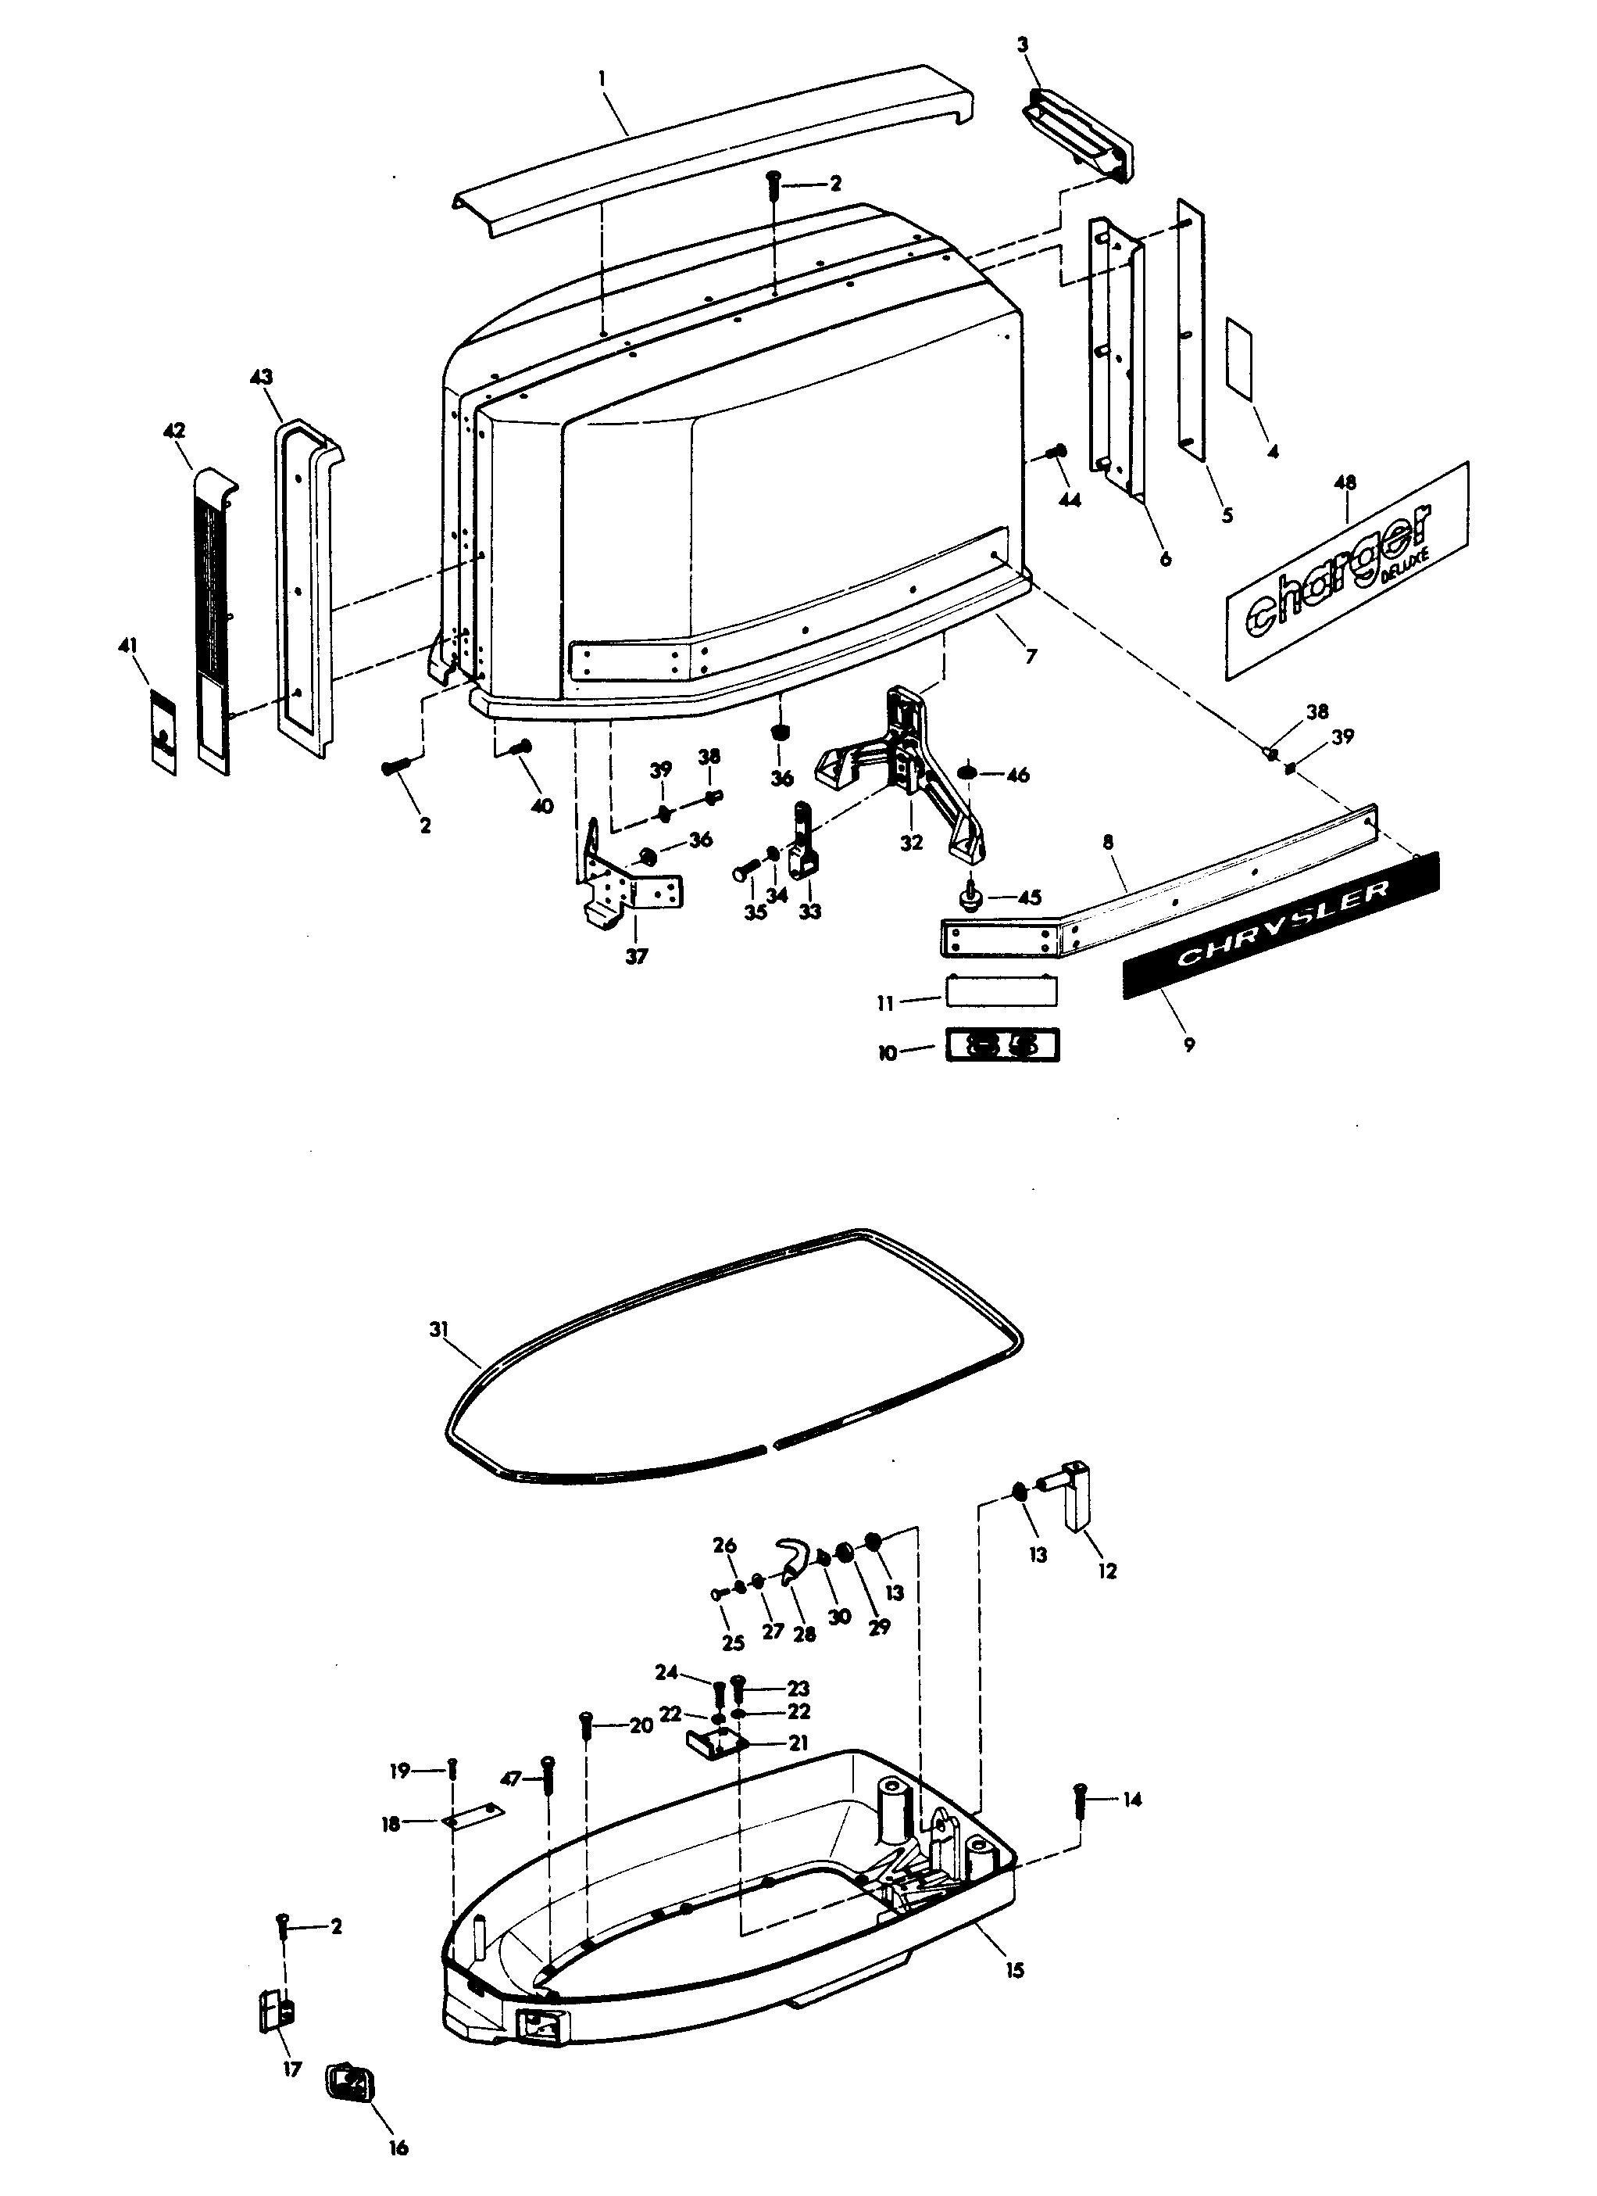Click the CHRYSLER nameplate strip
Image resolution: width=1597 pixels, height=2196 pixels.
pyautogui.click(x=1281, y=924)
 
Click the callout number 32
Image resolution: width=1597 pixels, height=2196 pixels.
pyautogui.click(x=911, y=843)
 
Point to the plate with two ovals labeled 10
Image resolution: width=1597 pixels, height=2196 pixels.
pyautogui.click(x=1002, y=1046)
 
